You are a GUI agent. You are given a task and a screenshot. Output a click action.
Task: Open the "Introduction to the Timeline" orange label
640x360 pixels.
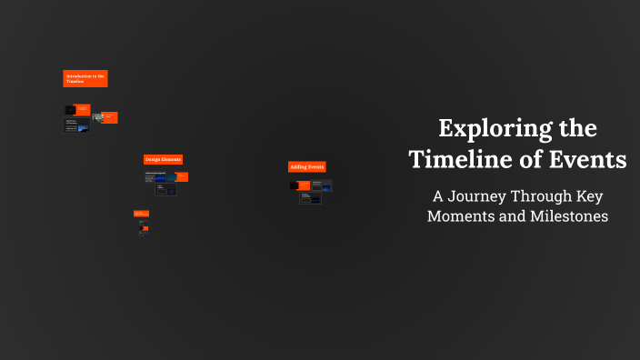[85, 79]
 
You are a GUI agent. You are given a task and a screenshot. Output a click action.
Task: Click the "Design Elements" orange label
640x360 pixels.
[164, 159]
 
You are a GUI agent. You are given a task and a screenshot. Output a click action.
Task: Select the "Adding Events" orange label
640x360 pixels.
[307, 166]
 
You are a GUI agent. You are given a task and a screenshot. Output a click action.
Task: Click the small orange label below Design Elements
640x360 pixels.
[141, 214]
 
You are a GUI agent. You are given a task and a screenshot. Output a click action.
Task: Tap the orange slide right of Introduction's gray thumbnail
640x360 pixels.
[110, 117]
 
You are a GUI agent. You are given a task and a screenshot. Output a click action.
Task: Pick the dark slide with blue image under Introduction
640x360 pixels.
[76, 127]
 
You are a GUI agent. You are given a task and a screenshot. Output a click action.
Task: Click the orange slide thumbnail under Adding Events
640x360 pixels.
[305, 185]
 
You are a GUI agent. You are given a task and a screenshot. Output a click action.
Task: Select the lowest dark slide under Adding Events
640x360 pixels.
[310, 197]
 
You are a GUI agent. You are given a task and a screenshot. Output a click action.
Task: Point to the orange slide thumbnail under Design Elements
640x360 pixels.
[182, 177]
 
